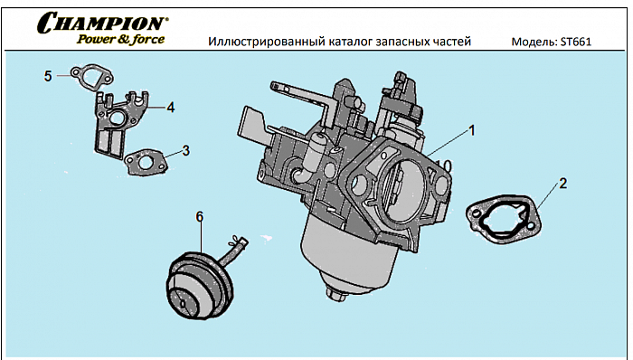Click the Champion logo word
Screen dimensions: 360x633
102,23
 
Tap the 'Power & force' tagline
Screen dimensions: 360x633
120,39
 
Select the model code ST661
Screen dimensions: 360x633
575,42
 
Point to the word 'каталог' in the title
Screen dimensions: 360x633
351,42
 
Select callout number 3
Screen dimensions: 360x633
185,150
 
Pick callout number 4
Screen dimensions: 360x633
170,107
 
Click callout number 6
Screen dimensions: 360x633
200,215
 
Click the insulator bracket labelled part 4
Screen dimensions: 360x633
114,122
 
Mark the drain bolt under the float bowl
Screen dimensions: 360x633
337,290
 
